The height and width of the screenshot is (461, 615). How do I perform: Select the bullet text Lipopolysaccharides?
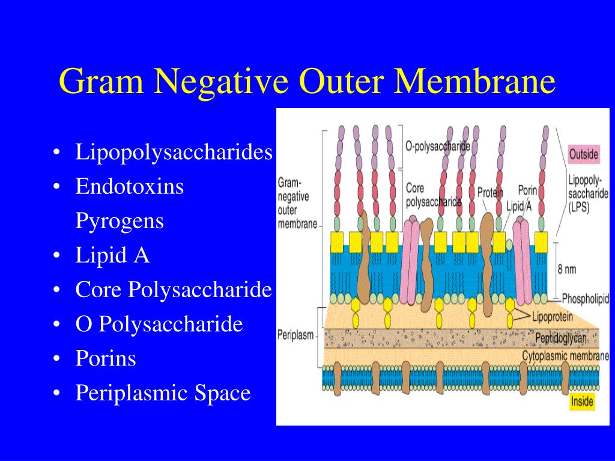(174, 152)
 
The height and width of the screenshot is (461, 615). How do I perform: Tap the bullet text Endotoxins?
(129, 187)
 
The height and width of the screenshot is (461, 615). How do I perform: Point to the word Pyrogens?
(120, 221)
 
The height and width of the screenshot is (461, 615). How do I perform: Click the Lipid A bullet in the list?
(112, 256)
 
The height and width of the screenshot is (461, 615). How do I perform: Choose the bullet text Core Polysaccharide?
(174, 290)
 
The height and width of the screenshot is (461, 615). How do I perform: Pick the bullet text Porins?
(106, 359)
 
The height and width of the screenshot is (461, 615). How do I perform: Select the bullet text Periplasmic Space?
(163, 393)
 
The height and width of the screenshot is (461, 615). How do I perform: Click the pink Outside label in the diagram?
(584, 154)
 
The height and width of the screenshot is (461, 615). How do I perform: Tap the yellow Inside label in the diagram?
(582, 402)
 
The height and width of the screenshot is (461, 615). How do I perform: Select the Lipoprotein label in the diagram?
(553, 316)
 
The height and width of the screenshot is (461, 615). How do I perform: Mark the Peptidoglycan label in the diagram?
(560, 339)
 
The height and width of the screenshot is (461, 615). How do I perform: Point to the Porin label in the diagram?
(527, 190)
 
